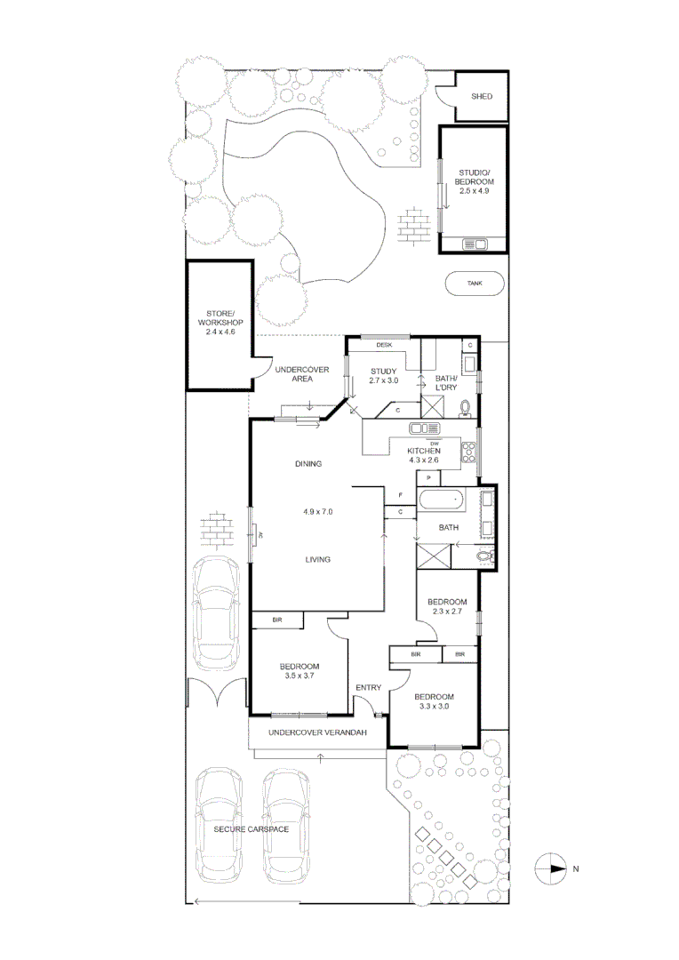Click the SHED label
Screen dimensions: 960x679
[481, 96]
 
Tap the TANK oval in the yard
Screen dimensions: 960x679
[475, 284]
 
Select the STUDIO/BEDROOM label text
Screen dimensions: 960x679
[474, 181]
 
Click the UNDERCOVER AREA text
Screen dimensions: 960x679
[302, 373]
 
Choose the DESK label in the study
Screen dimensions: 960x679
[384, 344]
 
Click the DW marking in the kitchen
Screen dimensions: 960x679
[434, 442]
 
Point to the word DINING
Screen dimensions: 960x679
[308, 463]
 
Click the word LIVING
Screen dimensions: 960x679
[317, 559]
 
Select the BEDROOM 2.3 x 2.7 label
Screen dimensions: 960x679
[447, 607]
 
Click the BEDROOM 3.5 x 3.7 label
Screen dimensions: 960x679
[300, 671]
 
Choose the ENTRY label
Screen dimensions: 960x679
[368, 687]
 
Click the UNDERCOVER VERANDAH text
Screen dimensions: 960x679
[317, 732]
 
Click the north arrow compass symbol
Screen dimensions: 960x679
[552, 868]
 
